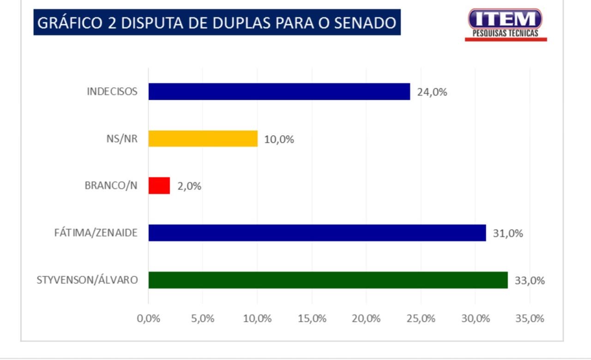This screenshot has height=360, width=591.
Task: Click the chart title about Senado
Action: coord(217,23)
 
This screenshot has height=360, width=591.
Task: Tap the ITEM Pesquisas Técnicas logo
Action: coord(506,24)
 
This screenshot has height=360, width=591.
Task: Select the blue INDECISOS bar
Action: coord(279,91)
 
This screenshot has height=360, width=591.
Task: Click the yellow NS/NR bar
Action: coord(203,138)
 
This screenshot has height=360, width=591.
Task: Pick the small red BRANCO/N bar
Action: coord(159,186)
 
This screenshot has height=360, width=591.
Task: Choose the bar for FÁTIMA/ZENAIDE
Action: coord(317,233)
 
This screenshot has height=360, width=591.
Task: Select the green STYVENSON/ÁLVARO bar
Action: coord(328,280)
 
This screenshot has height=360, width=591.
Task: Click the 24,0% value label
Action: coord(432,92)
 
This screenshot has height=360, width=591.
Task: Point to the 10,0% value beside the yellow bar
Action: coord(279,139)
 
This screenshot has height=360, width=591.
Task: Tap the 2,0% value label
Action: coord(189,186)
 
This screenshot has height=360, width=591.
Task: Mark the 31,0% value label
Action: coord(507,234)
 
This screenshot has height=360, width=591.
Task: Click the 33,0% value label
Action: coord(529,281)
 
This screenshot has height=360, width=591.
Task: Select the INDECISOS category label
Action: coord(112,91)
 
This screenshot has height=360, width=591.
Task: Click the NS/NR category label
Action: coord(121,138)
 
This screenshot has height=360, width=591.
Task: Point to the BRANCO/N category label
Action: coord(111,186)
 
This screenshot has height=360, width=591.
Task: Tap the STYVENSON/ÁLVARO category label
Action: coord(87,280)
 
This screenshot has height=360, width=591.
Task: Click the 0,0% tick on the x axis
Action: coord(149,318)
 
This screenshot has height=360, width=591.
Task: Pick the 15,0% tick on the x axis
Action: coord(312,318)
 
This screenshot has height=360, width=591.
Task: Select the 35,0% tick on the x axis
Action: coord(530,318)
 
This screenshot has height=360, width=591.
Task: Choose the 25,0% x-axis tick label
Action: coord(421,318)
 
